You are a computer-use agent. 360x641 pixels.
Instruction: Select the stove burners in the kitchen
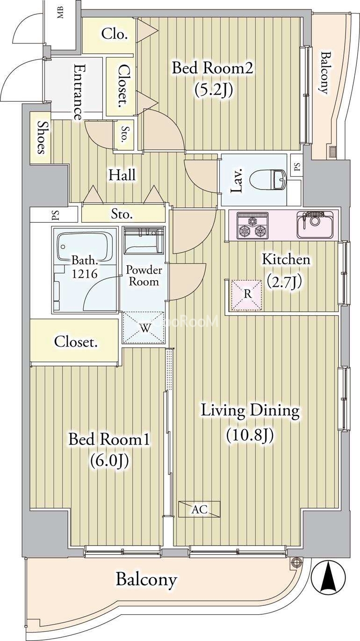coord(252,226)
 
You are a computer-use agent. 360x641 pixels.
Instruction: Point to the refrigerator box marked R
coord(247,295)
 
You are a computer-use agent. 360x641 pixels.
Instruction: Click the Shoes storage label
coord(42,138)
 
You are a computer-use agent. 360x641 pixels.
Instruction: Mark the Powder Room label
coord(144,275)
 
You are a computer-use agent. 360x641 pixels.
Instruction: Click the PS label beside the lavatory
coord(297,166)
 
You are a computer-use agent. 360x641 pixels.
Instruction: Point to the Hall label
coord(122,175)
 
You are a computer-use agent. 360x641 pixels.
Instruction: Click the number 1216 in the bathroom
coord(84,274)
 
